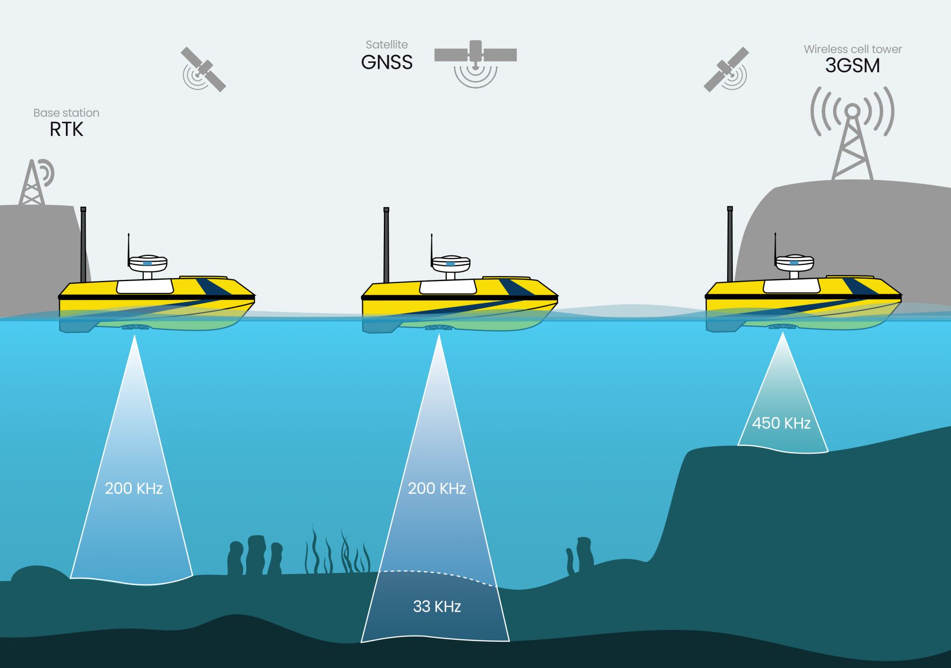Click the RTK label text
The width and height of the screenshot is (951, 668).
(x=66, y=130)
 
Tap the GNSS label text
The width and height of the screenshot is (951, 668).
(x=386, y=63)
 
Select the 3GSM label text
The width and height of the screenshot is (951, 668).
(x=852, y=66)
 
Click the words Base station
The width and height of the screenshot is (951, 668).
(x=66, y=113)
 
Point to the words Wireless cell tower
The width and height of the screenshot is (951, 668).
(x=852, y=49)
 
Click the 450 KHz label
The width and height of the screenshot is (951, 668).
(x=781, y=424)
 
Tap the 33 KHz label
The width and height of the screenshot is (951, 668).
(x=437, y=607)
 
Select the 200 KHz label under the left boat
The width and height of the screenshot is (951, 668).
(x=134, y=489)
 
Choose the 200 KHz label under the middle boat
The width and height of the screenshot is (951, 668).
(x=437, y=489)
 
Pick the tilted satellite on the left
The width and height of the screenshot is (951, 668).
(x=204, y=69)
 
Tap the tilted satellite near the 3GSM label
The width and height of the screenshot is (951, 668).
(x=726, y=69)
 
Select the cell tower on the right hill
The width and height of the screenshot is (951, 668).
(x=852, y=143)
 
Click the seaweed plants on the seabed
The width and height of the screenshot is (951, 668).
(x=337, y=552)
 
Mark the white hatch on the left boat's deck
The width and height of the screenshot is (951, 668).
(x=145, y=286)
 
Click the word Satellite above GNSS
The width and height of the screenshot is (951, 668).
(x=386, y=45)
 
